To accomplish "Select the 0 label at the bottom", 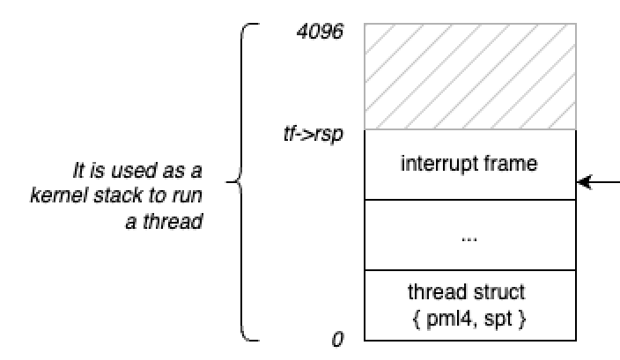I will tap(336, 339).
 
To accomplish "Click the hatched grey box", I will tap(470, 77).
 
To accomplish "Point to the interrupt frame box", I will tap(470, 164).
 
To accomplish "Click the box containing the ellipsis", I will tap(470, 234).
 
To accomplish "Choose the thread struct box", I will tap(470, 305).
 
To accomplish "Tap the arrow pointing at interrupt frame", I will tap(602, 183).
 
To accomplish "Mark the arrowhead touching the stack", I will tap(582, 183).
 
